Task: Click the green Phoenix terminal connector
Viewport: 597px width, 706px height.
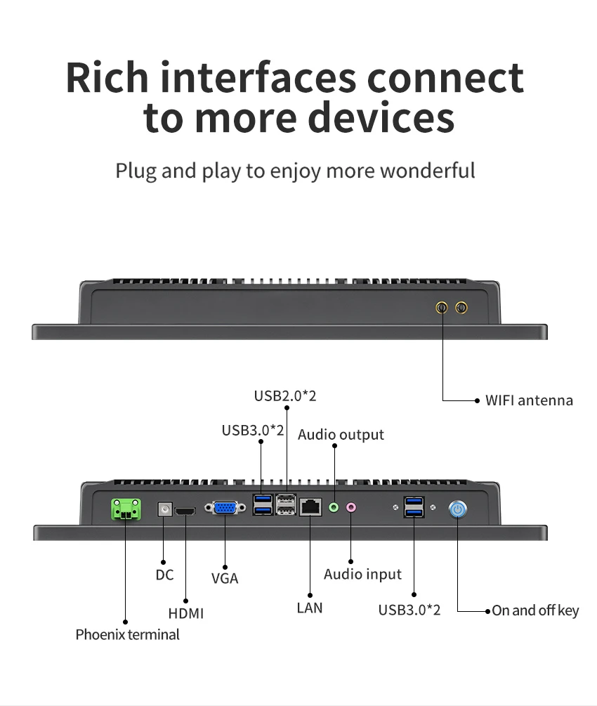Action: point(126,509)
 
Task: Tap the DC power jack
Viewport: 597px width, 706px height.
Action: point(165,509)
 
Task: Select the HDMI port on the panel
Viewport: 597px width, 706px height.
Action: point(185,511)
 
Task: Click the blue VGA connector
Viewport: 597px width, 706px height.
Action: point(225,509)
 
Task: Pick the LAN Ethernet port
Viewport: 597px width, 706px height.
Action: point(310,507)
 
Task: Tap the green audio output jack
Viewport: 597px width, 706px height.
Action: point(334,508)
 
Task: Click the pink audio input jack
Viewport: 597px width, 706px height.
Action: point(351,508)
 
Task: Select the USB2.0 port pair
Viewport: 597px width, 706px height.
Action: point(287,504)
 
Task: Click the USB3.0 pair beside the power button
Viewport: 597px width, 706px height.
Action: point(414,507)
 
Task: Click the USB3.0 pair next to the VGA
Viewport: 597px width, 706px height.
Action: point(263,504)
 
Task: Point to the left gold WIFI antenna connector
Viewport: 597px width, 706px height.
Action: point(442,308)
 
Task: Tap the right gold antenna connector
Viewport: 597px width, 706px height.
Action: point(461,308)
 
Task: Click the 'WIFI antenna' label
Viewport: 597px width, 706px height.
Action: point(529,400)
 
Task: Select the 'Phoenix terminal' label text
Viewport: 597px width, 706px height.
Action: point(127,634)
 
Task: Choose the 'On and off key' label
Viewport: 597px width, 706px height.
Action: point(535,610)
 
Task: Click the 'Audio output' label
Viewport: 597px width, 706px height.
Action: point(341,435)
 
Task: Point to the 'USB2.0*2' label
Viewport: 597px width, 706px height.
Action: point(285,396)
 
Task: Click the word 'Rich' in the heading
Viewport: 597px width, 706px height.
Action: point(107,77)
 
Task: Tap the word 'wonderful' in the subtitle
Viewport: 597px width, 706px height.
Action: point(428,171)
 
